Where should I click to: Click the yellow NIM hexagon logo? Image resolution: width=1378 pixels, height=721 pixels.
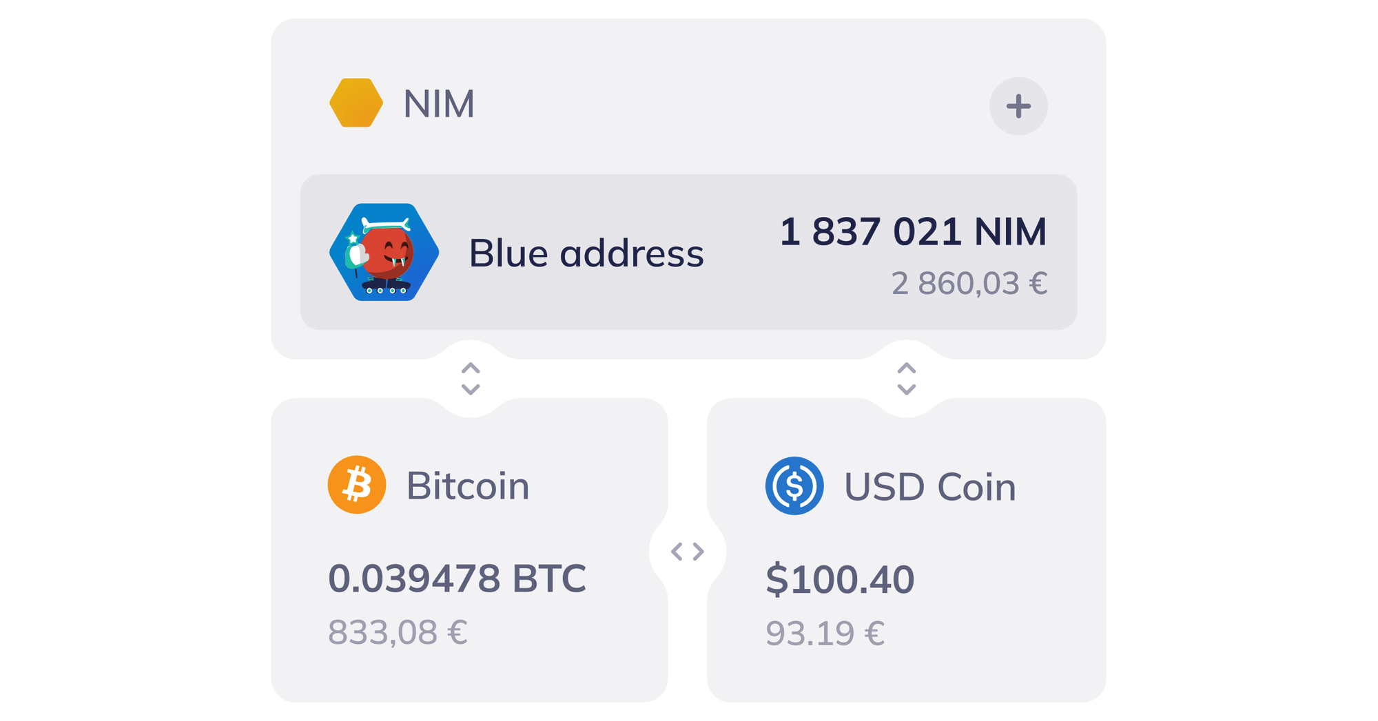pos(356,103)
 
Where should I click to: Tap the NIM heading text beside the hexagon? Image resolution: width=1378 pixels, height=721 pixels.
pos(438,105)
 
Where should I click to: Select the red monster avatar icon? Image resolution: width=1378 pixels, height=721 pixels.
pos(384,252)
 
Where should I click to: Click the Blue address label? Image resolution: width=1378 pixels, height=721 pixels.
pos(586,253)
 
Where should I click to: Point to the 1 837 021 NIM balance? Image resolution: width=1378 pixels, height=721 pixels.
pos(914,231)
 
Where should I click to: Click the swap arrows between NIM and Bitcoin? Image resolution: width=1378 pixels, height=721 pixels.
pos(471,379)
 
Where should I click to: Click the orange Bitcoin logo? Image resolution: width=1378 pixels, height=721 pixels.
pos(357,485)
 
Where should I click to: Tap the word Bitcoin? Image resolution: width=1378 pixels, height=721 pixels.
pos(469,485)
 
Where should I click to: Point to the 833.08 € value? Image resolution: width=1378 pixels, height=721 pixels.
pos(397,631)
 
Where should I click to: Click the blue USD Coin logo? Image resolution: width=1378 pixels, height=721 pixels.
pos(794,485)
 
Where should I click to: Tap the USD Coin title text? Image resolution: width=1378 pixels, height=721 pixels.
pos(930,487)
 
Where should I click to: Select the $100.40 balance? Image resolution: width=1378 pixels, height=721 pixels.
pos(840,578)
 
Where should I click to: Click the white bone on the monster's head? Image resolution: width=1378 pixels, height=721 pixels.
pos(386,224)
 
